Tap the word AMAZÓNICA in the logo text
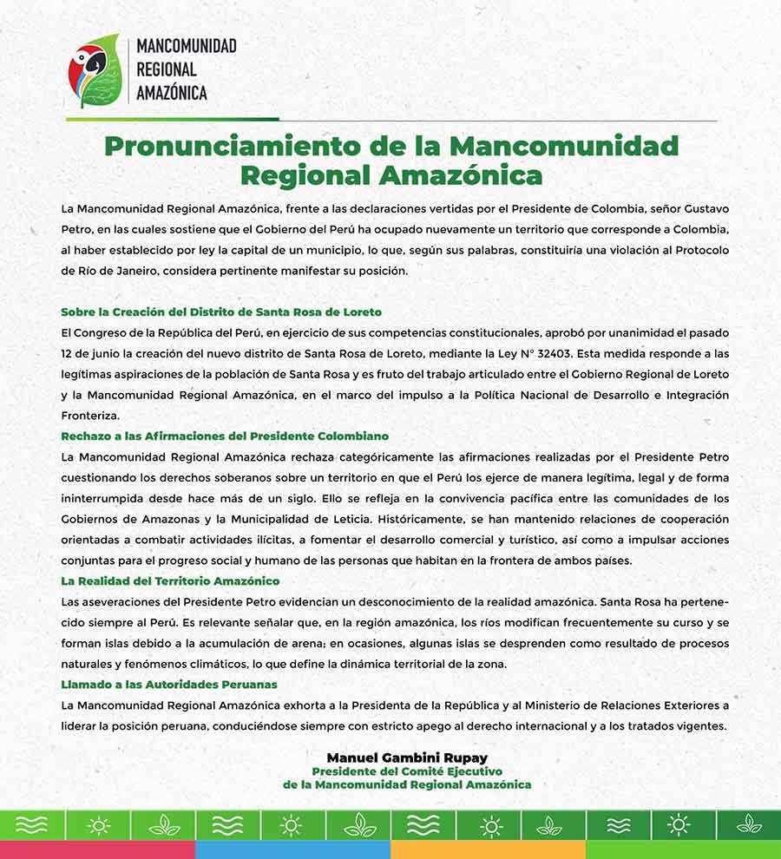point(173,91)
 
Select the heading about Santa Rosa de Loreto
point(221,311)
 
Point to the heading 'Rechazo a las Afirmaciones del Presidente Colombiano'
point(225,436)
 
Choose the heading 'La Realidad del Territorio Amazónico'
point(170,580)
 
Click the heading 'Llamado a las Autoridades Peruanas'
point(169,684)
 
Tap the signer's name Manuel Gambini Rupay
point(407,757)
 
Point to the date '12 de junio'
point(93,353)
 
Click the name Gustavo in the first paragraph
point(697,208)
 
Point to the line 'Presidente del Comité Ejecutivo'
point(407,771)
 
